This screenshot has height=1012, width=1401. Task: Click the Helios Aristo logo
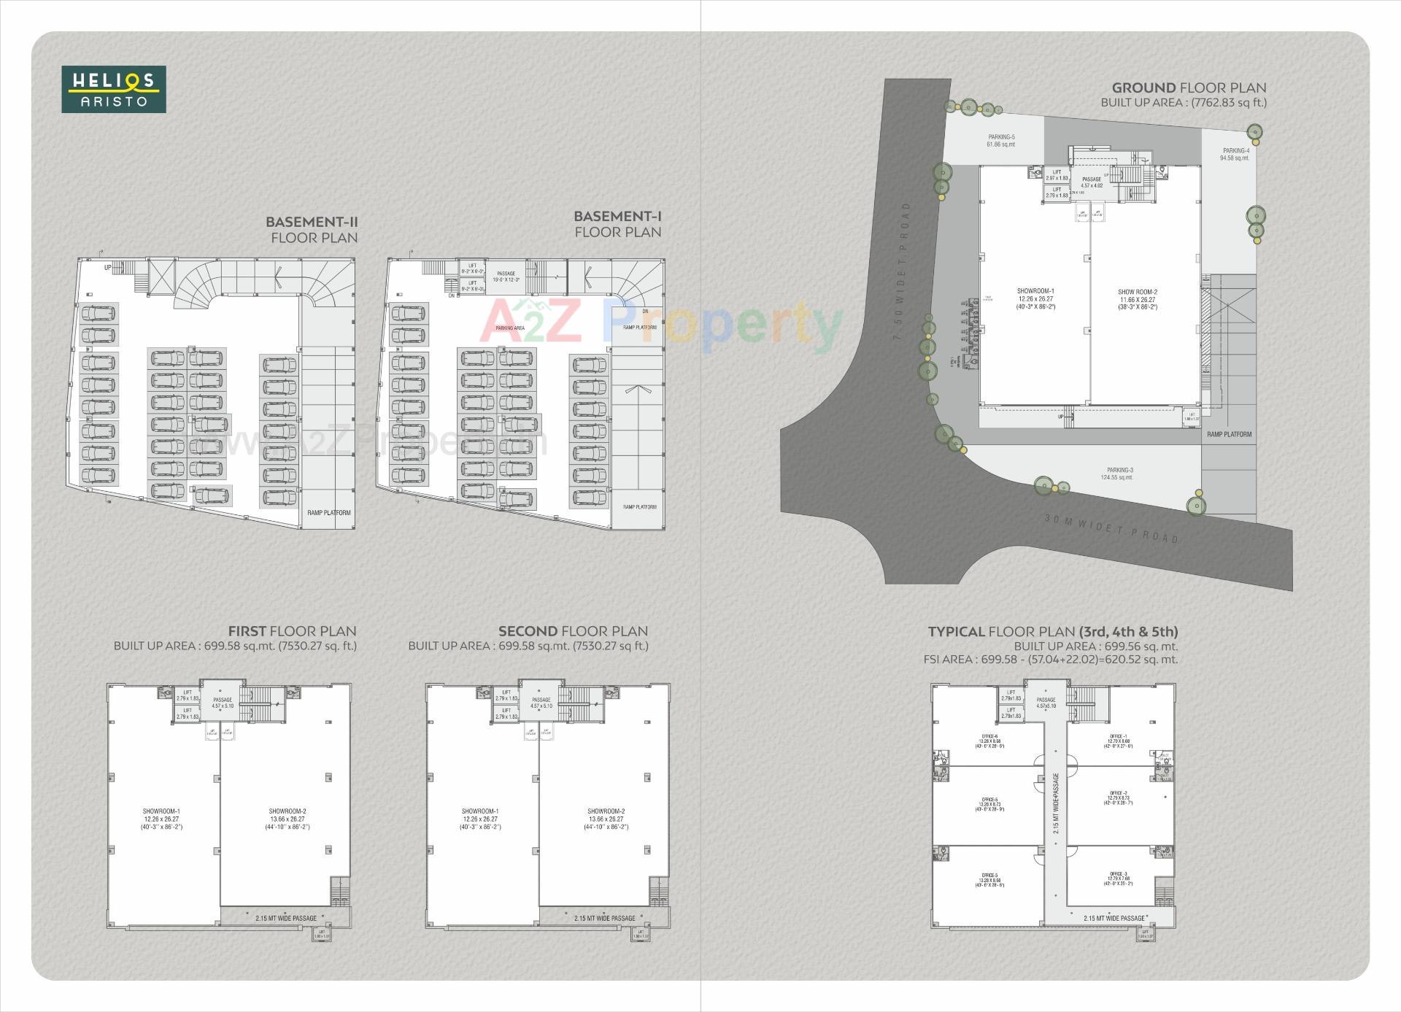(x=114, y=90)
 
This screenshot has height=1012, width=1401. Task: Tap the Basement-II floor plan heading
(x=312, y=229)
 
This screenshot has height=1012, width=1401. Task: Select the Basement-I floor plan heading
(x=617, y=224)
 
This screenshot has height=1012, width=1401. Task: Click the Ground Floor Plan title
(x=1189, y=88)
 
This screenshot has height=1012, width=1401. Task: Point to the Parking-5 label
(x=1001, y=140)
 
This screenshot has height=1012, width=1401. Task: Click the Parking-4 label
(x=1235, y=154)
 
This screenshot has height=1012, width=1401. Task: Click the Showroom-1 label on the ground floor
(x=1035, y=298)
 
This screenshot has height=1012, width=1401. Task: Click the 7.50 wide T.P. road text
(x=902, y=271)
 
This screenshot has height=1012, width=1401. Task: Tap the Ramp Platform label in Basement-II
(x=328, y=513)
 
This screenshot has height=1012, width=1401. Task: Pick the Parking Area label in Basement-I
(x=510, y=328)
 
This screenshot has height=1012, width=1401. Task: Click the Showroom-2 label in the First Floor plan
(x=287, y=819)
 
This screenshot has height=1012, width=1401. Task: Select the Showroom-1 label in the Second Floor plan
(x=479, y=819)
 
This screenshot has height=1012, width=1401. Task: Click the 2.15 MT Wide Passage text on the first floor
(x=286, y=919)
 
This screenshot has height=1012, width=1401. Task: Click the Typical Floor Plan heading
(x=1052, y=632)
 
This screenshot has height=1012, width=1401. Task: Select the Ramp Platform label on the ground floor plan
(x=1229, y=434)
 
